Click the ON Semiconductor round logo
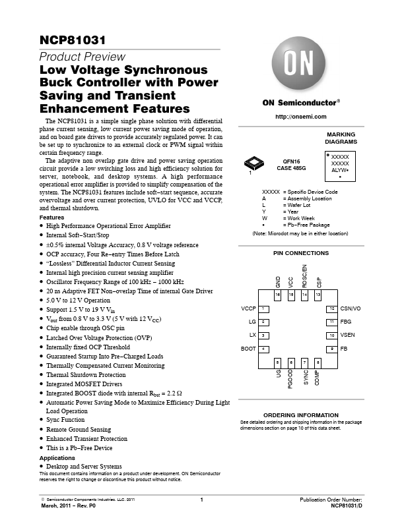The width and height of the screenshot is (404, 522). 298,63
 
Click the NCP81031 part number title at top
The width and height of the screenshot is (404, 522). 73,40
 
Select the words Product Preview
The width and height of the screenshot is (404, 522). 83,57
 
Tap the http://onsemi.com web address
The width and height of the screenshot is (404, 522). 300,117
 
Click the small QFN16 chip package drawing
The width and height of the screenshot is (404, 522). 253,163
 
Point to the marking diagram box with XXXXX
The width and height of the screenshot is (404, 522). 340,166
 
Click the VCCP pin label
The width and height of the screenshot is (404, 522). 248,308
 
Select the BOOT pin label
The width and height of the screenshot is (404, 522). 248,349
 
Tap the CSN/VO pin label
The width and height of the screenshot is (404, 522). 351,308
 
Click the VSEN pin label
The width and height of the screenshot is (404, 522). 347,335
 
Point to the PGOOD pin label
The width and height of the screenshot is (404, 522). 290,379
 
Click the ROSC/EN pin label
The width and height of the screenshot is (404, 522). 304,276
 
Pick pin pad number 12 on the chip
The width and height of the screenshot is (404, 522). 331,309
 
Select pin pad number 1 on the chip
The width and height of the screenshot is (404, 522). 263,309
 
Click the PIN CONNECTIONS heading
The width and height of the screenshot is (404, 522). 301,253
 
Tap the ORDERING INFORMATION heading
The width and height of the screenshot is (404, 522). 301,415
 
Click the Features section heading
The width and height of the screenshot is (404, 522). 51,217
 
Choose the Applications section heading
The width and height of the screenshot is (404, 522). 57,458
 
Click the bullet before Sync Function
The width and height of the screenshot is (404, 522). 42,419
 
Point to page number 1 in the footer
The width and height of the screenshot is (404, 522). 201,500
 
